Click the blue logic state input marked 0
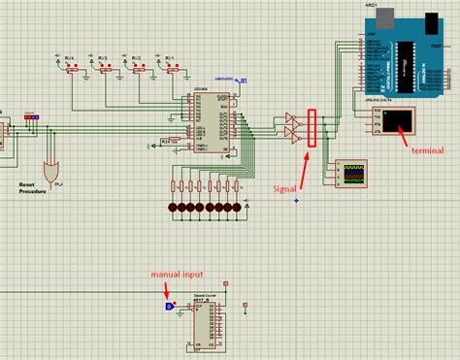[170, 307]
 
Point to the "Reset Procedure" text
[33, 186]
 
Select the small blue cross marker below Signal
[296, 202]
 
